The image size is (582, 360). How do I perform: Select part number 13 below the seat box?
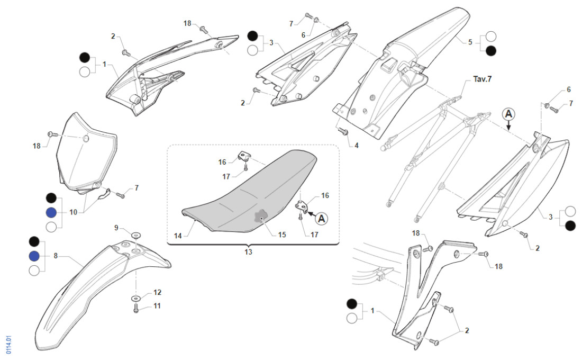point(248,252)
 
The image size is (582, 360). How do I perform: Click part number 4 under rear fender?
point(356,145)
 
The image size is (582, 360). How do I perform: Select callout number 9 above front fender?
point(116,227)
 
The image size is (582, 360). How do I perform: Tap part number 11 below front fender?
point(157,306)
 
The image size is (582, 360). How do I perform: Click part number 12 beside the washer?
point(157,292)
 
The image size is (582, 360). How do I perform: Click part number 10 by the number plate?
point(73,212)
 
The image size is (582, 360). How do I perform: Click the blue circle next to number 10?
point(51,212)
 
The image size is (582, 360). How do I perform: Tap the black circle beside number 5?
point(491,51)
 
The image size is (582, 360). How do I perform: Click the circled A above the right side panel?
point(508,114)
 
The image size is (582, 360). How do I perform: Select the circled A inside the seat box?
point(321,217)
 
